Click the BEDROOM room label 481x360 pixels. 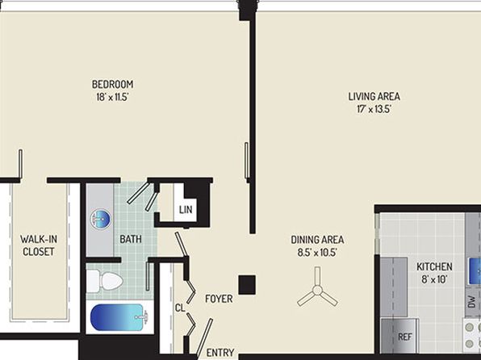click(112, 84)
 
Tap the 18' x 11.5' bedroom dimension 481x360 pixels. click(112, 98)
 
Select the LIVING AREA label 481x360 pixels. click(374, 96)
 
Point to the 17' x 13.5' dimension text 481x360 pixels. click(374, 109)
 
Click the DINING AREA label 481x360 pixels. click(317, 240)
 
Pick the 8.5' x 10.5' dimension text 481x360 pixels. click(317, 253)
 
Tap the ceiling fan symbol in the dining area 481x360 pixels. click(317, 289)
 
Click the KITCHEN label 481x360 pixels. click(434, 266)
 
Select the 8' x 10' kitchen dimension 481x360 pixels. click(434, 279)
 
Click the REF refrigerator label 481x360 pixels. click(404, 337)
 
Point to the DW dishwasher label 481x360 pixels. click(472, 301)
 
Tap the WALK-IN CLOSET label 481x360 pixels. click(39, 245)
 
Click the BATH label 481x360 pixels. click(131, 239)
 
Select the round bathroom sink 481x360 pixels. click(101, 220)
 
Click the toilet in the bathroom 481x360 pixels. click(105, 281)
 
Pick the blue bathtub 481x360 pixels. click(119, 317)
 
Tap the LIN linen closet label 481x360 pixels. click(186, 210)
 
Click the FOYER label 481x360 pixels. click(219, 299)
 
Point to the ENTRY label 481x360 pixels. click(220, 353)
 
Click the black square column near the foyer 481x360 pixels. click(247, 285)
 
